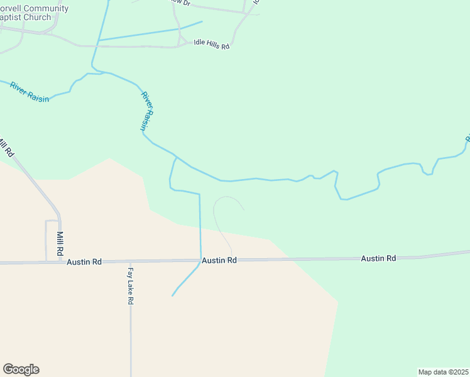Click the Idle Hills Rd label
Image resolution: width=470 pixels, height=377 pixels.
(x=211, y=46)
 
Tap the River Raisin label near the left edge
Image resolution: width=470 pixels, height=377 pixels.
(x=29, y=92)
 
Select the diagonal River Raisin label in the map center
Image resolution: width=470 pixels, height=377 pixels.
(x=147, y=111)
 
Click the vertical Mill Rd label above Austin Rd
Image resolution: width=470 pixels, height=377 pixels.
(x=60, y=242)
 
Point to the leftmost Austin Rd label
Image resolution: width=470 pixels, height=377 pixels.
(x=84, y=261)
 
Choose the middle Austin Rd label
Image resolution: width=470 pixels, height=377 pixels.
(x=219, y=260)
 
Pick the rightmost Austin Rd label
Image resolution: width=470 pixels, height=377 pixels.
(x=378, y=258)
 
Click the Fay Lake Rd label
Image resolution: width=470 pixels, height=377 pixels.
(x=131, y=287)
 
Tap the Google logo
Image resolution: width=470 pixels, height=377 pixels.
(x=21, y=369)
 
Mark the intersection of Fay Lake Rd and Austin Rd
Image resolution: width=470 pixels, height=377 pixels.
(x=130, y=261)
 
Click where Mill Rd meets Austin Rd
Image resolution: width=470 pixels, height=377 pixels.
(x=60, y=261)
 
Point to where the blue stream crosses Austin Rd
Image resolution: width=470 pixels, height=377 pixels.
(x=200, y=260)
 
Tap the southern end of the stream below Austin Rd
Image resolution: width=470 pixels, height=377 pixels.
(x=173, y=295)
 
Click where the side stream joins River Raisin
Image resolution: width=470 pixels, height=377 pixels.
(x=176, y=157)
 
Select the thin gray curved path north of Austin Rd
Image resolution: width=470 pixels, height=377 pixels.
(x=217, y=217)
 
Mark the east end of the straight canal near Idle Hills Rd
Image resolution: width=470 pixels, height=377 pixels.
(x=202, y=22)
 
